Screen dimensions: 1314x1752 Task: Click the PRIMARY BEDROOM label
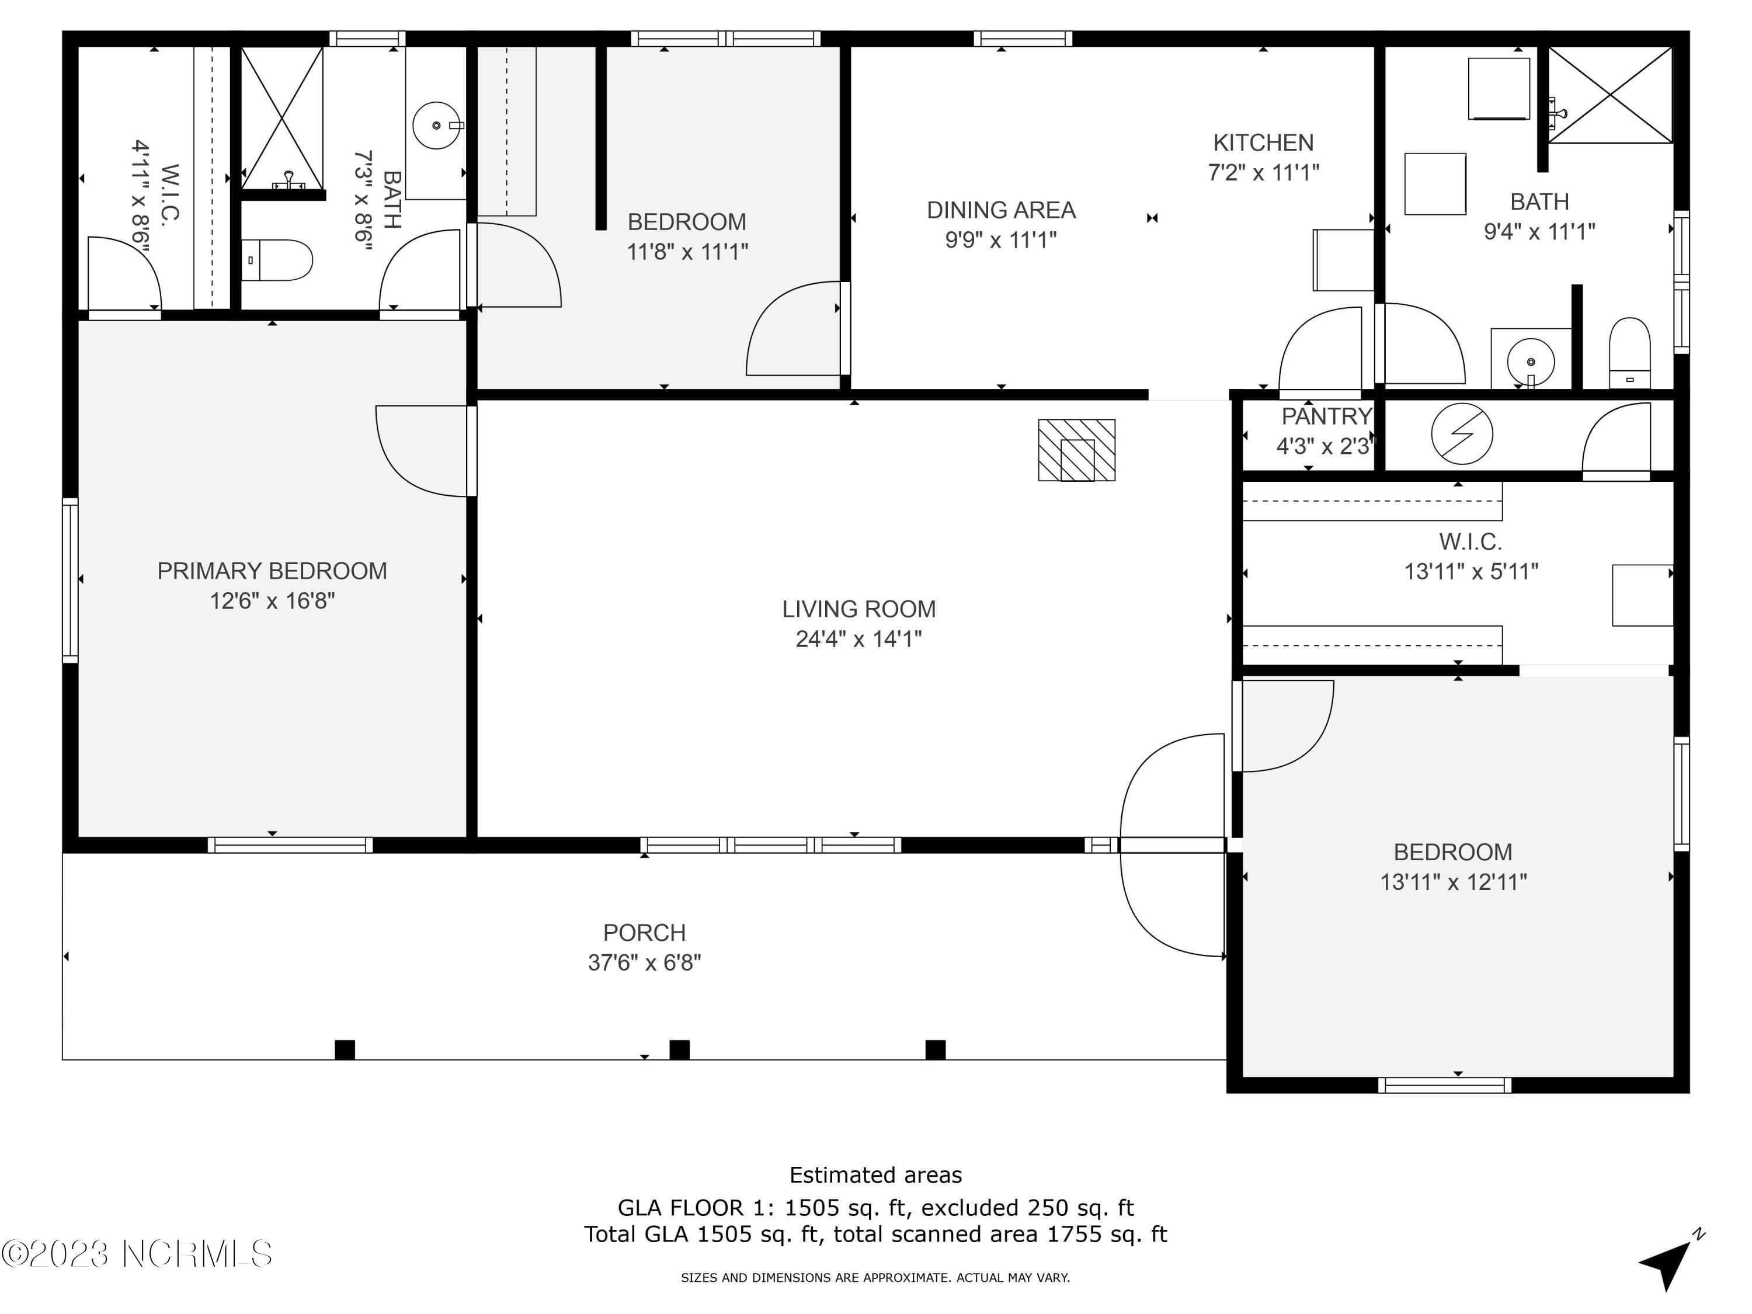(x=272, y=571)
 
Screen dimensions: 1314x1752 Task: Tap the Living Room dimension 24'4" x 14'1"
(x=858, y=638)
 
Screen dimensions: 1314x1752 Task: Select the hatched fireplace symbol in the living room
(x=1076, y=450)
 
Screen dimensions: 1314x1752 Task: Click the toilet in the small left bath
(x=277, y=260)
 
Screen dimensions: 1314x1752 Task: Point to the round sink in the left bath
(x=436, y=125)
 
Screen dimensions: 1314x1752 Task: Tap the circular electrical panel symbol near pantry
(x=1462, y=433)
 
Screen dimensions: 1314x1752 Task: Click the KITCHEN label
(x=1263, y=142)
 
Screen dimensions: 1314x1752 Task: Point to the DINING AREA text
(x=1001, y=210)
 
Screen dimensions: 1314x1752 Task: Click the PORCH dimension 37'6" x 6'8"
(x=644, y=962)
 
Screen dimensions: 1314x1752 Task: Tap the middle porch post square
(x=680, y=1049)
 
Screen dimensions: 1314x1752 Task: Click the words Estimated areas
(x=875, y=1174)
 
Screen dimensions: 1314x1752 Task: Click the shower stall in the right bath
(x=1610, y=95)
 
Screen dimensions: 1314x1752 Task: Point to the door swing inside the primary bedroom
(x=420, y=451)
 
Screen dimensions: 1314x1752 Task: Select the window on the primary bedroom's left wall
(x=71, y=580)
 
